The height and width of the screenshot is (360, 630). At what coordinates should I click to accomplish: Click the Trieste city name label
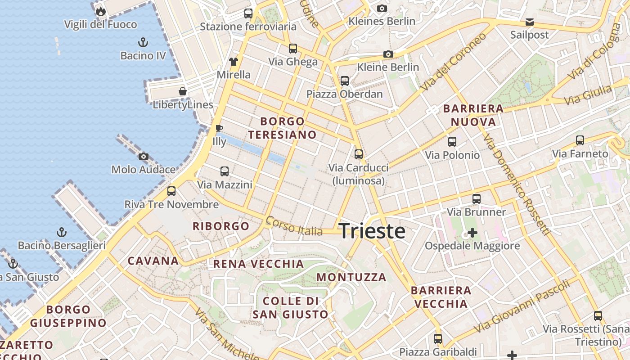(372, 231)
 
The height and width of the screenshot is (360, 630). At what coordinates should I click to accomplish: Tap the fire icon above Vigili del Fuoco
(100, 11)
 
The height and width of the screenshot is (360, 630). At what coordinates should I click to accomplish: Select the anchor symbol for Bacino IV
(143, 43)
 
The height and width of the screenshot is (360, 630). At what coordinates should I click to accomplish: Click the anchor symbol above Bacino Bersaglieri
(62, 233)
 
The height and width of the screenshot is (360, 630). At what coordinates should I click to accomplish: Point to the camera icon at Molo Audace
(144, 157)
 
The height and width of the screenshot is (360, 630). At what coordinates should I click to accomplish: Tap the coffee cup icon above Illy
(219, 129)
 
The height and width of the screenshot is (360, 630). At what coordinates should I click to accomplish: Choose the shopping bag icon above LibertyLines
(183, 92)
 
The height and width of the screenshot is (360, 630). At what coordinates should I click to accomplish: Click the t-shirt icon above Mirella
(233, 62)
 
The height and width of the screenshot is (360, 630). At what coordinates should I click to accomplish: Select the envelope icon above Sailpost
(530, 22)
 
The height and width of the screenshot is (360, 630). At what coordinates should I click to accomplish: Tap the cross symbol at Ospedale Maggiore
(472, 233)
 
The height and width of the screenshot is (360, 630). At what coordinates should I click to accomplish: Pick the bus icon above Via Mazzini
(225, 171)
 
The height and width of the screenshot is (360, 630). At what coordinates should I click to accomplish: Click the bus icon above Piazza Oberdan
(345, 81)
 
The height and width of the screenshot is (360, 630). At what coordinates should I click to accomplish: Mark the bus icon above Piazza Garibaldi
(438, 339)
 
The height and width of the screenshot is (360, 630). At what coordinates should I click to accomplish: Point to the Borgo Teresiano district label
(282, 128)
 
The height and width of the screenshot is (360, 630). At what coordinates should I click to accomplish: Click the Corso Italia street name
(294, 226)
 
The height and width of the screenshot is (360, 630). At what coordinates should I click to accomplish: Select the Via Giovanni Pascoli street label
(525, 306)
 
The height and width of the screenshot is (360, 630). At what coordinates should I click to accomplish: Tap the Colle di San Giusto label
(290, 307)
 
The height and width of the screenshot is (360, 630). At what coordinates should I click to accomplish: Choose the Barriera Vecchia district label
(441, 297)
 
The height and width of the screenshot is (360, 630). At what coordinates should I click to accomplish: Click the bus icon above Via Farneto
(580, 140)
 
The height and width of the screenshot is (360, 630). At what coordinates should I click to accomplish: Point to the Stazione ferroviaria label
(248, 27)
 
